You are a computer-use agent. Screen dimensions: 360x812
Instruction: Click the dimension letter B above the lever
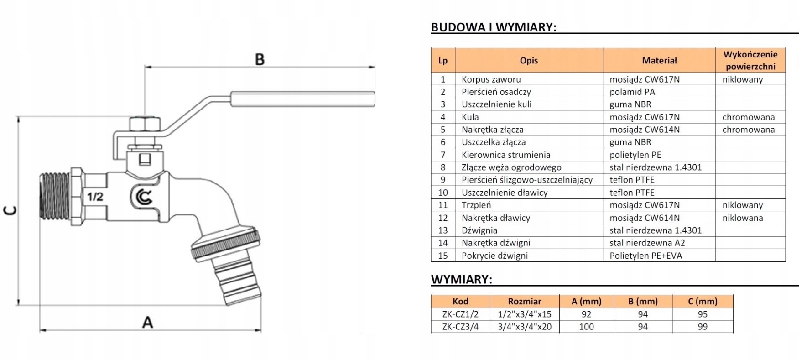tap(260, 59)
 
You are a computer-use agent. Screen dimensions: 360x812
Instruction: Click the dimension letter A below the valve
tap(147, 322)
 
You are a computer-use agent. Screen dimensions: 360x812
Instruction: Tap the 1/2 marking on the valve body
tap(95, 197)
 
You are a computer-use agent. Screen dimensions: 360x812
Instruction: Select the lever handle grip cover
tap(302, 99)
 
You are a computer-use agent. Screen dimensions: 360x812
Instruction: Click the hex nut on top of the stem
tap(145, 124)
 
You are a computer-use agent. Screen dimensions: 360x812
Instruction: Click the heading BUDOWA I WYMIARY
tap(494, 27)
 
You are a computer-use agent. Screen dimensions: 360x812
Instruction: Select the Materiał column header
tap(659, 60)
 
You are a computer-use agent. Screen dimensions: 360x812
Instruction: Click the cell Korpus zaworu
tap(491, 79)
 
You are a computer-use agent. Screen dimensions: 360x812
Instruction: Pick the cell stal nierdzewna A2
tap(647, 243)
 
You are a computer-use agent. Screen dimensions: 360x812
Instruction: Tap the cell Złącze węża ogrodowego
tap(511, 167)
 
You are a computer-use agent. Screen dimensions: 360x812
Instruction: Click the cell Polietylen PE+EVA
tap(645, 256)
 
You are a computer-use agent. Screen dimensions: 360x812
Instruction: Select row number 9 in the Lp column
tap(442, 180)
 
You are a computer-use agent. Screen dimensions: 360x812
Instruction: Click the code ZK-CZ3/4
tap(460, 327)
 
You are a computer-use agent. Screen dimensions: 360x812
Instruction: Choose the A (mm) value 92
tap(586, 314)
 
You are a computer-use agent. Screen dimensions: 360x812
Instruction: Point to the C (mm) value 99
tap(703, 327)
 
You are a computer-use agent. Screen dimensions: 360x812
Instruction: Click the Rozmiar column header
tap(524, 302)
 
